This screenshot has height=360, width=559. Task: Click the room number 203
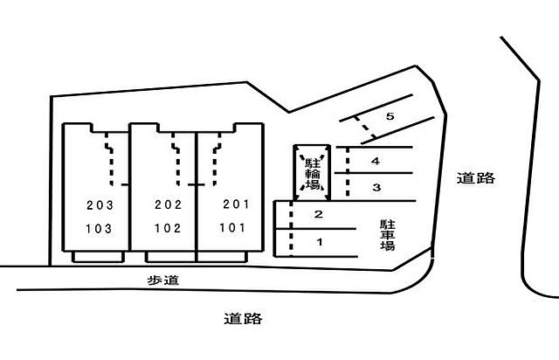pos(100,205)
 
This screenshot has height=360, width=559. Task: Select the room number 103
pos(99,229)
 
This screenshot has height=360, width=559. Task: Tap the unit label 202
pos(169,204)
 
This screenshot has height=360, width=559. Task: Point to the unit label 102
pos(168,228)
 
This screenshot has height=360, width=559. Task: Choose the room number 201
pos(236,204)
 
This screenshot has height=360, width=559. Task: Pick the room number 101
pos(232,228)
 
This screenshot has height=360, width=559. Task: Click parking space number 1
pos(320,242)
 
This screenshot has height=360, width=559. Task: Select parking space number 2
pos(318,214)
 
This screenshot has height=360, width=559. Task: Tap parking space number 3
pos(376,187)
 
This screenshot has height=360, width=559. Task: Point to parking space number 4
pos(376,162)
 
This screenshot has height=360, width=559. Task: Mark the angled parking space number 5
pos(390,116)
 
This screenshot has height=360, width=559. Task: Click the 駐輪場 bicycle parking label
pos(313,174)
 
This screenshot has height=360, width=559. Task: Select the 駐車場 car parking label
pos(388,235)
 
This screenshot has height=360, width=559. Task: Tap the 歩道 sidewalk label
pos(163,280)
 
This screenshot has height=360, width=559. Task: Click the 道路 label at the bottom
pos(243,318)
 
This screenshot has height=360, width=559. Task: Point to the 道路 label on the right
pos(476,177)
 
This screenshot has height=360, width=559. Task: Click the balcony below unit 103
pos(98,257)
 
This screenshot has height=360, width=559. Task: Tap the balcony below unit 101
pos(222,257)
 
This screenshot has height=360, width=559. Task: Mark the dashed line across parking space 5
pos(364,127)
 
